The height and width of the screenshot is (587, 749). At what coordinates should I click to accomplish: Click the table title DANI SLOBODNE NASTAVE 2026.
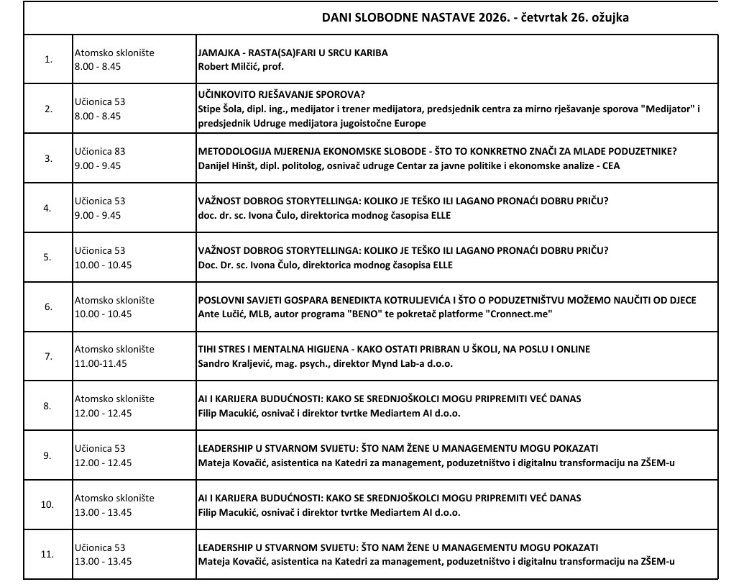(421, 17)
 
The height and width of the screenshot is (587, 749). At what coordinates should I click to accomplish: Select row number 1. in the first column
(48, 60)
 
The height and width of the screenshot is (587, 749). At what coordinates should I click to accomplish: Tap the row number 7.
(48, 356)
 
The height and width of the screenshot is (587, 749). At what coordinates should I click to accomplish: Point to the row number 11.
(48, 554)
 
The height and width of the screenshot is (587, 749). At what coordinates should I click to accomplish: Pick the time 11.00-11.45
(101, 363)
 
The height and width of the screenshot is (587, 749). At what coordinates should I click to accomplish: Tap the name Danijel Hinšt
(228, 165)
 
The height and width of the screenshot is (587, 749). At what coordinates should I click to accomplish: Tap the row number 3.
(48, 158)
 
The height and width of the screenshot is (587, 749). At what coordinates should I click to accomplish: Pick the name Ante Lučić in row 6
(219, 314)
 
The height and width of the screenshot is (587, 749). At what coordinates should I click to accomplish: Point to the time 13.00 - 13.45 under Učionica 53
(103, 561)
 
